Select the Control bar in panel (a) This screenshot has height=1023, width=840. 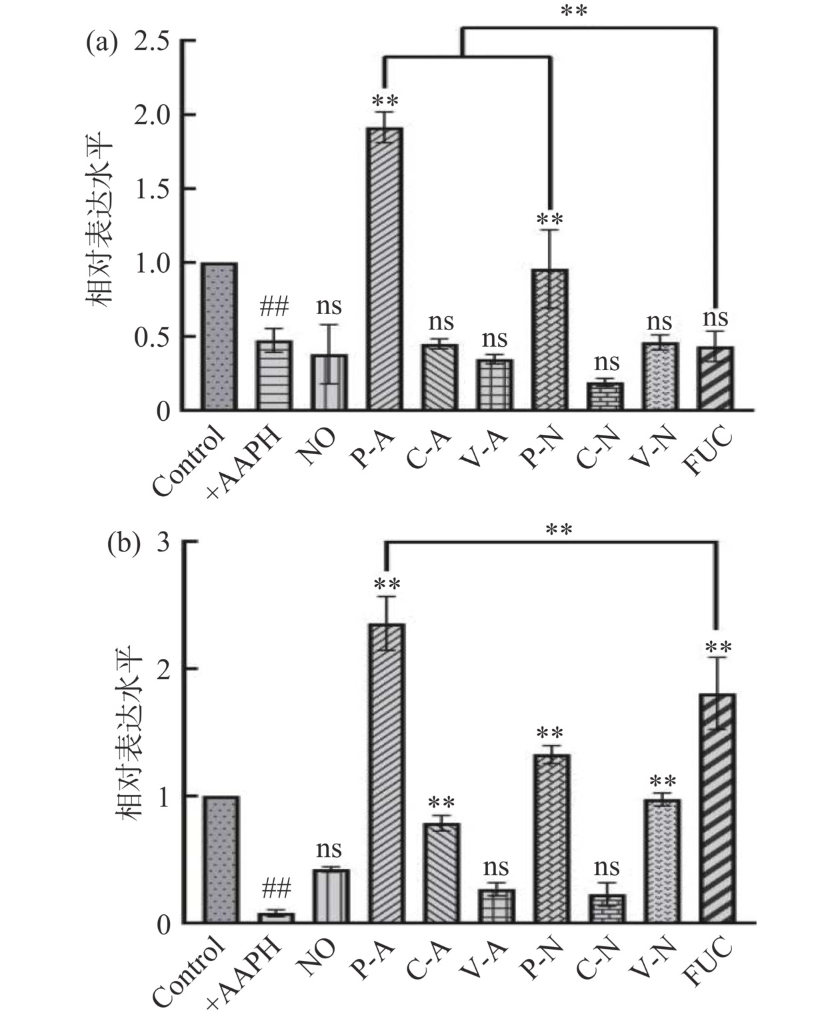pyautogui.click(x=219, y=336)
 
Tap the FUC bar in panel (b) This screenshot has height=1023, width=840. pyautogui.click(x=717, y=808)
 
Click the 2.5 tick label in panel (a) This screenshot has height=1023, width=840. pyautogui.click(x=153, y=42)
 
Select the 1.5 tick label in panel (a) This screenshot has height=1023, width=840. pyautogui.click(x=153, y=189)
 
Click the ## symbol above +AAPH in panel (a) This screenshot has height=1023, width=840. pyautogui.click(x=273, y=307)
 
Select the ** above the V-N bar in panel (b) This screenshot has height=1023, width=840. pyautogui.click(x=663, y=781)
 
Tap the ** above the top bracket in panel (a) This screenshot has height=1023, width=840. pyautogui.click(x=573, y=11)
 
